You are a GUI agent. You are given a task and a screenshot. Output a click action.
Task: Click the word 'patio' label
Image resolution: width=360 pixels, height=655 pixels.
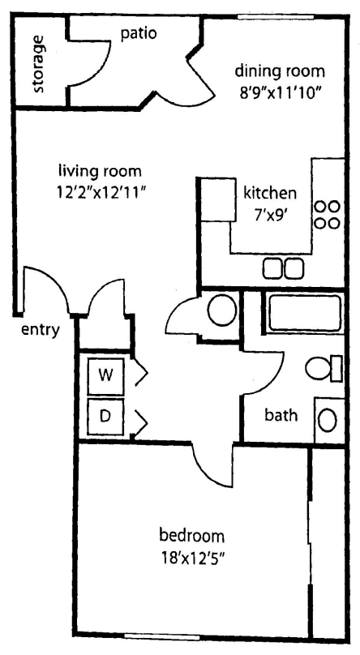click(138, 33)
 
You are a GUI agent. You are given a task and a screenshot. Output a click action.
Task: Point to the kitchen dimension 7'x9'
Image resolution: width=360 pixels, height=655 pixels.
click(270, 214)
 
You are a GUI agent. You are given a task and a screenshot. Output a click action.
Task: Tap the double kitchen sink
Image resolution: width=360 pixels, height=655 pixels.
click(284, 267)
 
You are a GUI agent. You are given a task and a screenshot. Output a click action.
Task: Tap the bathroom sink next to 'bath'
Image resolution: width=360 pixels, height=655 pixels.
click(327, 420)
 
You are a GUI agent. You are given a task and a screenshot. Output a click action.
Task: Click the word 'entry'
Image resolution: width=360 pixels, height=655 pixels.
click(40, 329)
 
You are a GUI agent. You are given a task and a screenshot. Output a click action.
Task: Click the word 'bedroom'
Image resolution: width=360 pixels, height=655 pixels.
click(192, 536)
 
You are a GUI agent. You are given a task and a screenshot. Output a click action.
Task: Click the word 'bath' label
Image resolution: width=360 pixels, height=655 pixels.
click(281, 416)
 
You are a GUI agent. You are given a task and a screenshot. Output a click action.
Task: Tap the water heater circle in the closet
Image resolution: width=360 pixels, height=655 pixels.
click(219, 310)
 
